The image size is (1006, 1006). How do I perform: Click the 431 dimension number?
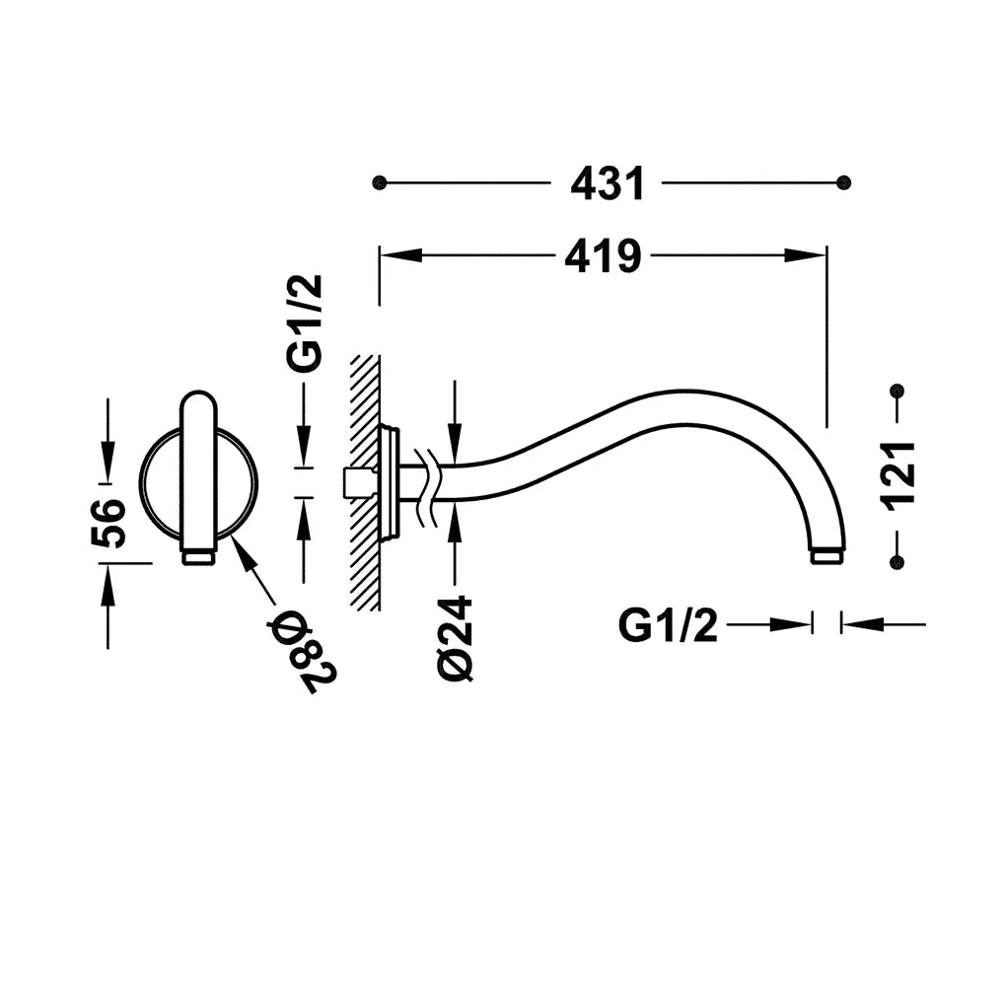tap(607, 183)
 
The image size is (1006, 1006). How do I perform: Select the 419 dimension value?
tap(603, 256)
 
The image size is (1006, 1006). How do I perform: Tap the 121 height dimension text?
tap(898, 476)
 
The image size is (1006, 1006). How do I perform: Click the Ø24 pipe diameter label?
tap(455, 638)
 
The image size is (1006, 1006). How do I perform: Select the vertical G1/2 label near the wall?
tap(304, 324)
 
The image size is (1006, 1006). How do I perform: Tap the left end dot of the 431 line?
tap(380, 182)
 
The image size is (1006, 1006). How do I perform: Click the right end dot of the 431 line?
tap(843, 182)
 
